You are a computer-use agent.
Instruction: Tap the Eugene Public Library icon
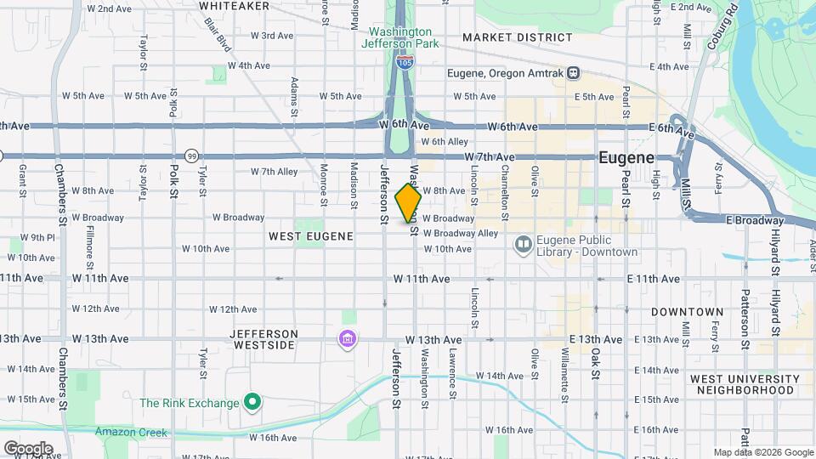pos(524,246)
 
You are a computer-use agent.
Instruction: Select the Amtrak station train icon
pos(575,74)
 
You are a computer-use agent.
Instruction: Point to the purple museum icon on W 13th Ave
pos(347,341)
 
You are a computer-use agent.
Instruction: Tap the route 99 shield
pos(192,156)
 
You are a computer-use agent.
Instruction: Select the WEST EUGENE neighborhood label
pos(310,235)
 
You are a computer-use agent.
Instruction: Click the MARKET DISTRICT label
pos(518,37)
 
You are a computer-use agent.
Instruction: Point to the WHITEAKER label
pos(229,5)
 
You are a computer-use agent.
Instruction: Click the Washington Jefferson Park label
pos(399,37)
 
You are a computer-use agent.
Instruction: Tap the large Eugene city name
pos(626,158)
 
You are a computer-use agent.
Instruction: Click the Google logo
pos(28,448)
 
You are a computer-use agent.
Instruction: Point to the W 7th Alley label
pos(274,172)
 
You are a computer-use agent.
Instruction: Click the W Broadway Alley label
pos(460,233)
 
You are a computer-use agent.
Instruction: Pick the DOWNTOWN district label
pos(687,312)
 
